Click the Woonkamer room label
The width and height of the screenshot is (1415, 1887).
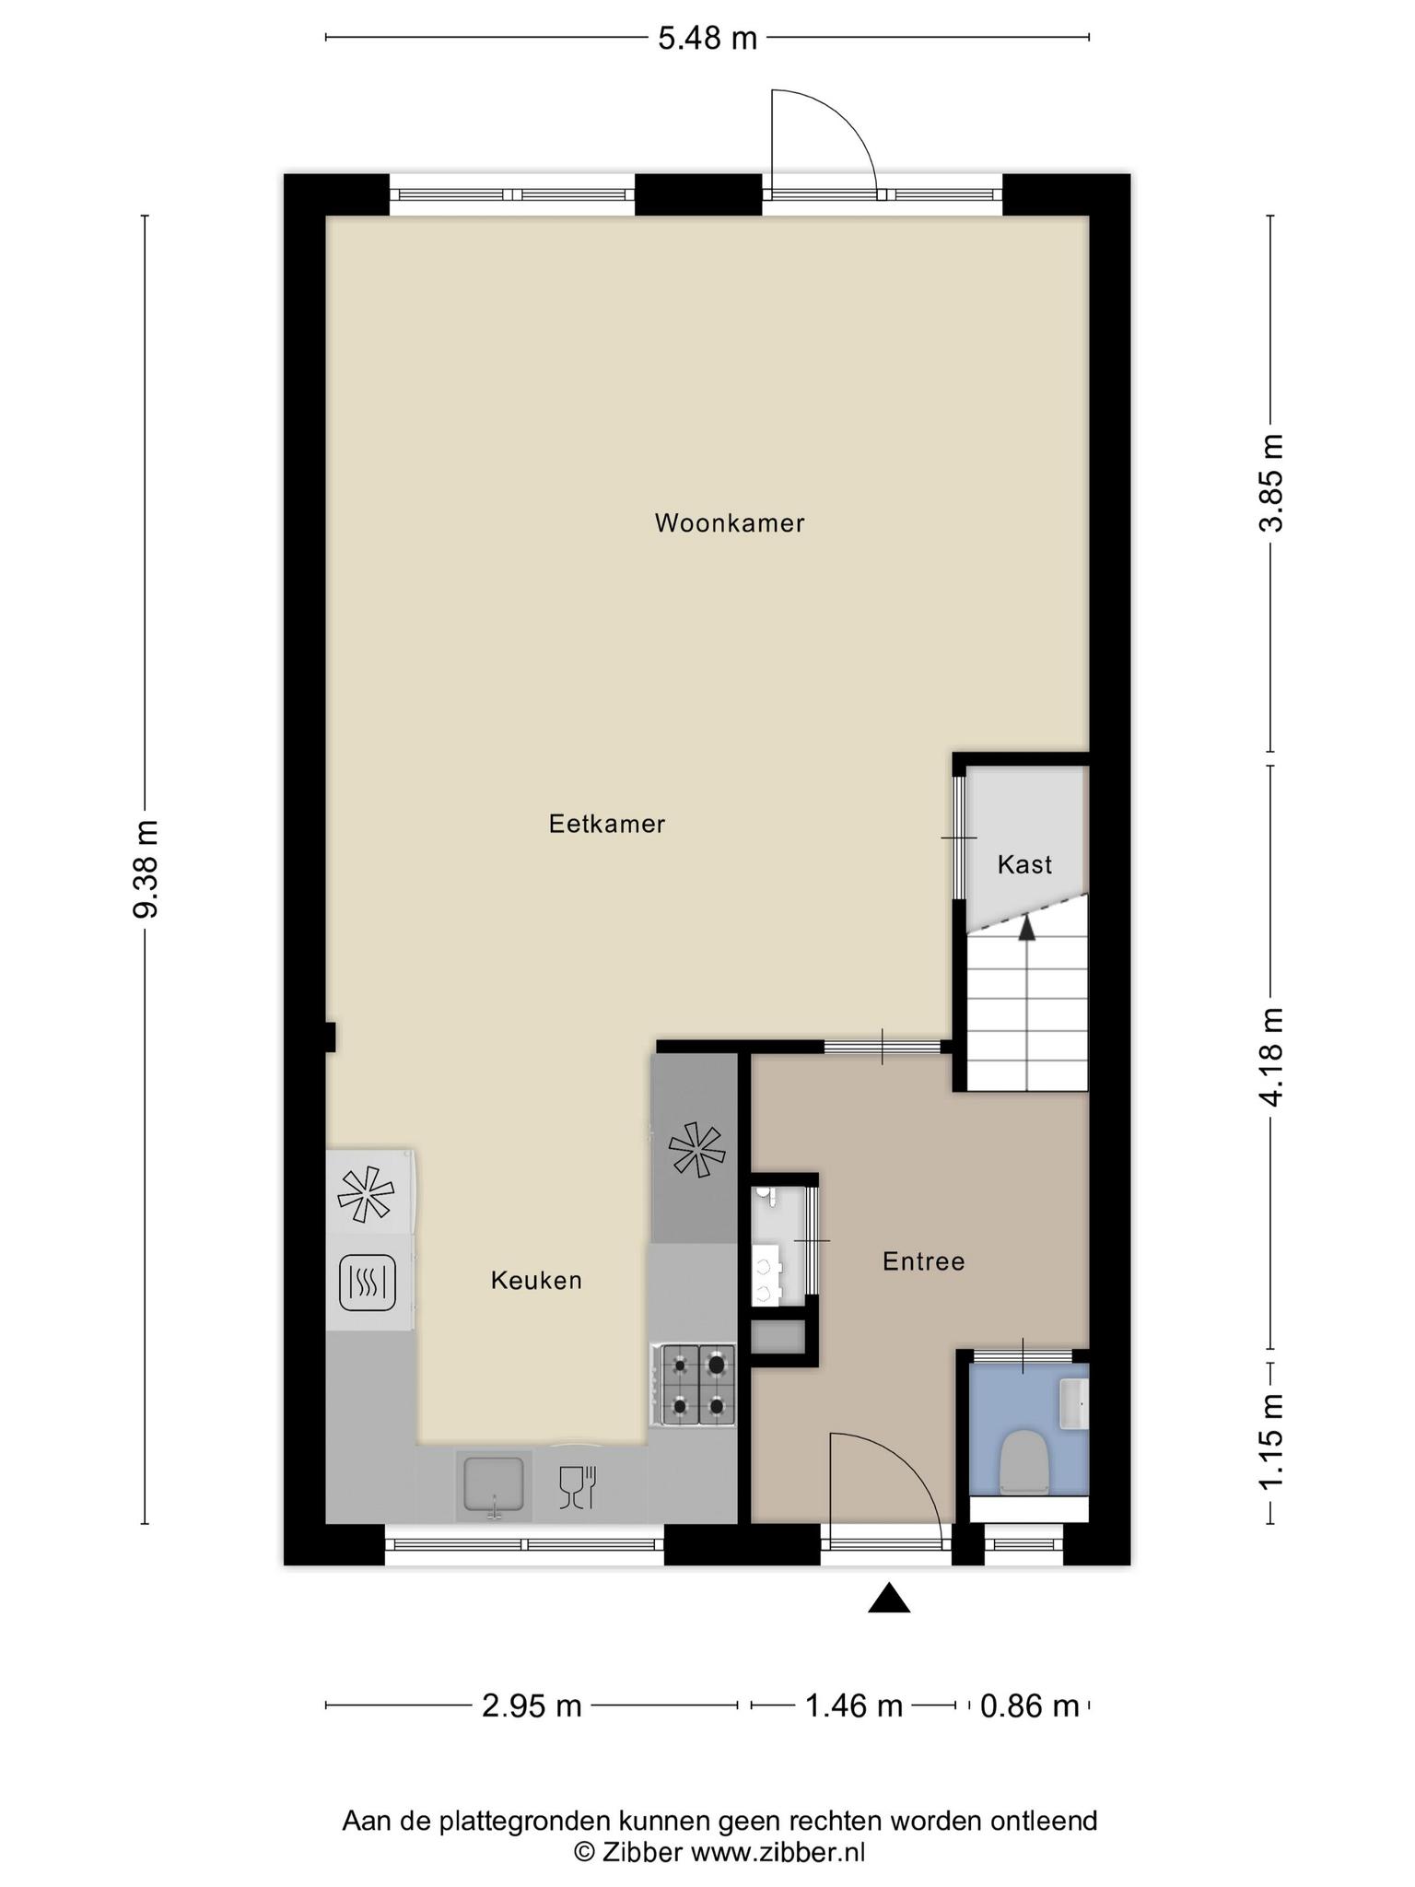[730, 523]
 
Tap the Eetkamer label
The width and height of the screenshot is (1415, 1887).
[607, 824]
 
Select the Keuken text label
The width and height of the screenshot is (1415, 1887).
[536, 1281]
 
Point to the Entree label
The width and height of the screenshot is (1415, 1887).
[924, 1261]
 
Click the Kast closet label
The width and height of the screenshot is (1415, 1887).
[1024, 865]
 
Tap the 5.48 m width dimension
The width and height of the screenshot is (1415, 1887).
[707, 39]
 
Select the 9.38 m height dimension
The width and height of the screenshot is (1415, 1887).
[146, 868]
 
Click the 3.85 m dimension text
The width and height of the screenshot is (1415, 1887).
[1272, 483]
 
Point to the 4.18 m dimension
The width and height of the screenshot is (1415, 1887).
[1272, 1056]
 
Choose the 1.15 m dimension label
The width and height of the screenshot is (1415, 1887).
[1272, 1442]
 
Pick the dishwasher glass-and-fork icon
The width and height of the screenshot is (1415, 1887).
[579, 1486]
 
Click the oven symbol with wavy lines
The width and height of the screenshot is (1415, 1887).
[368, 1283]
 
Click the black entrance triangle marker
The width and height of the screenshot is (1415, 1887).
[889, 1599]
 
